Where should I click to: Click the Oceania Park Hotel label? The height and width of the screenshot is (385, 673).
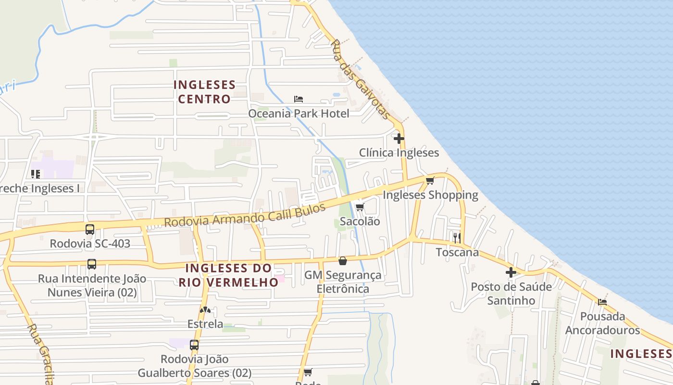click(x=299, y=114)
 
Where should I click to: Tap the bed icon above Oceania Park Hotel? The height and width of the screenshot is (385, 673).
click(x=299, y=99)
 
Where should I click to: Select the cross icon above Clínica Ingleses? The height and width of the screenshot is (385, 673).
click(x=399, y=139)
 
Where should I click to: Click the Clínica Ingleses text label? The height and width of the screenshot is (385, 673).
click(x=399, y=153)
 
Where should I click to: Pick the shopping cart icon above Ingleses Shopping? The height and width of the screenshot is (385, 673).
click(x=430, y=180)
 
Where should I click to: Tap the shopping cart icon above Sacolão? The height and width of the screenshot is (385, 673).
click(x=360, y=207)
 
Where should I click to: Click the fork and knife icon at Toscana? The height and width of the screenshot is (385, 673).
click(x=457, y=238)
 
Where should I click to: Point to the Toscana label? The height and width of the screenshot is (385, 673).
click(x=457, y=252)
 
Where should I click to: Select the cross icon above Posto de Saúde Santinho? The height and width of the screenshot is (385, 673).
click(x=511, y=272)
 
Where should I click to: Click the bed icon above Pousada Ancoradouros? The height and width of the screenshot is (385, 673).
click(x=602, y=302)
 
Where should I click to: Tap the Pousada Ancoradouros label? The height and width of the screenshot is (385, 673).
click(x=602, y=323)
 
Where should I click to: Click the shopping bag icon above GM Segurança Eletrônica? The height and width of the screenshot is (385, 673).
click(x=343, y=261)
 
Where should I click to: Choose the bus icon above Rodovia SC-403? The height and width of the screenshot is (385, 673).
click(x=90, y=230)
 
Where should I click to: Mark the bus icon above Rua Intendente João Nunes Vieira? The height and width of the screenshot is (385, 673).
click(x=92, y=264)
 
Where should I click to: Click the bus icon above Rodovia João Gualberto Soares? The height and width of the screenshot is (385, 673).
click(x=194, y=345)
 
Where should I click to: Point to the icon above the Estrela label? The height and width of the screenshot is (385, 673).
click(x=205, y=310)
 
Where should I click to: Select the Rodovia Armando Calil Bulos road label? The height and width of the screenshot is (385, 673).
click(x=245, y=215)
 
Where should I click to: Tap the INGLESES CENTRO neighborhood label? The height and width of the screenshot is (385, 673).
click(x=204, y=92)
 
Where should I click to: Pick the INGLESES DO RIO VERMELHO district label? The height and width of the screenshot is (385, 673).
click(x=228, y=275)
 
